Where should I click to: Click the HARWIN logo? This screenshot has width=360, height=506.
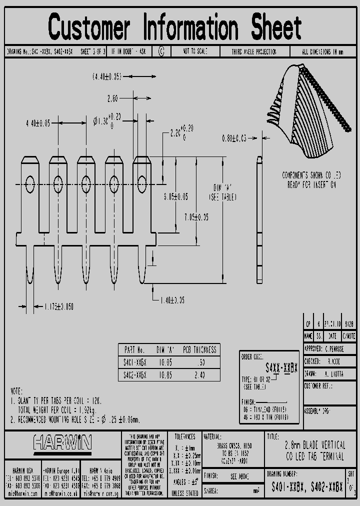63,442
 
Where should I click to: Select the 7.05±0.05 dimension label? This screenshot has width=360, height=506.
196,217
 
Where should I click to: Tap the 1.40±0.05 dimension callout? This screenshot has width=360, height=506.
172,300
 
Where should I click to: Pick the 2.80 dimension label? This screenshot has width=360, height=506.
112,98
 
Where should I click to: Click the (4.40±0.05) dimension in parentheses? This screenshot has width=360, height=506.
107,76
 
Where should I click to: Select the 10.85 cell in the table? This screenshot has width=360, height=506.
164,374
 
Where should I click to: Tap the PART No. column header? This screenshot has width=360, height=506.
134,350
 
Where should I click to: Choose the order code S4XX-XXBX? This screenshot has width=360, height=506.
281,368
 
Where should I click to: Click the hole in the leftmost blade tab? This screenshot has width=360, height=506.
30,184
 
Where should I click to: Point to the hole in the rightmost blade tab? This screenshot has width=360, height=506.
142,181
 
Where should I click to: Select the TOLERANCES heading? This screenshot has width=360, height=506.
184,436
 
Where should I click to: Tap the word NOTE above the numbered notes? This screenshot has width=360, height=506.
17,391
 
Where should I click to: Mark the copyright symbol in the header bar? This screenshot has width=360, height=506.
161,51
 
